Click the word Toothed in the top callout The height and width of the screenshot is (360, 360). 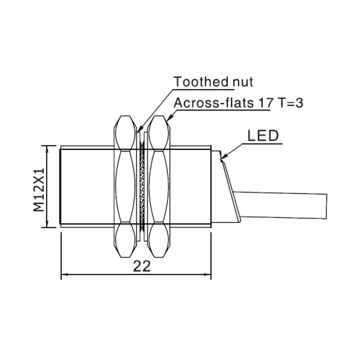[x=201, y=81]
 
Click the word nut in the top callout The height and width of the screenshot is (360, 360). [x=243, y=82]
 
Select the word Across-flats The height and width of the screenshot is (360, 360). [x=213, y=102]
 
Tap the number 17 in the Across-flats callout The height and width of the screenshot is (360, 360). [x=266, y=103]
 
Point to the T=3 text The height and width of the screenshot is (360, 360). [x=290, y=103]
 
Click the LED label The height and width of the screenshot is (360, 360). [x=263, y=136]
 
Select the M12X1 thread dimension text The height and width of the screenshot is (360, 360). [x=39, y=190]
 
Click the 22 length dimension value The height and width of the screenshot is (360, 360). [x=142, y=266]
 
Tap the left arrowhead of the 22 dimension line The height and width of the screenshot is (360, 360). [x=65, y=274]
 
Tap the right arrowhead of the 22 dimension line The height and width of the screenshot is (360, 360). [x=207, y=274]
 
